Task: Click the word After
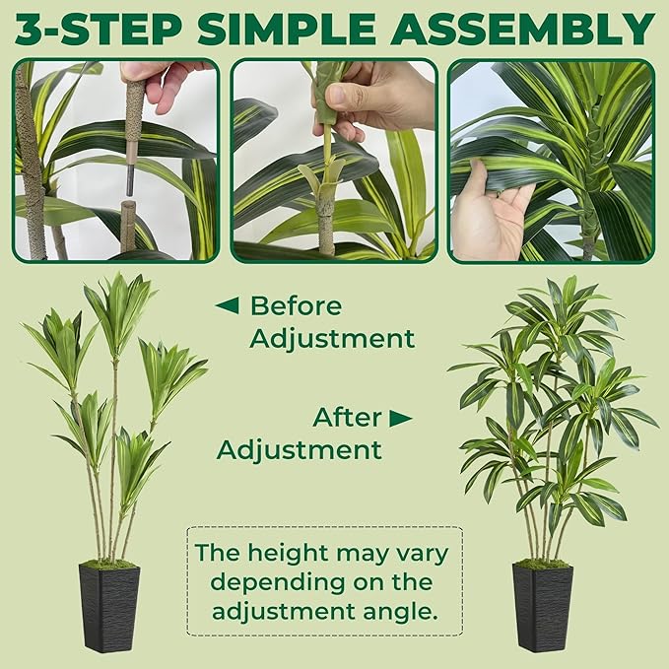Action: pyautogui.click(x=348, y=417)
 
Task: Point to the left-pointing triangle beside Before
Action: pyautogui.click(x=227, y=305)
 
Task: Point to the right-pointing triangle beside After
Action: pyautogui.click(x=400, y=418)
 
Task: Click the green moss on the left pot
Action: pyautogui.click(x=109, y=565)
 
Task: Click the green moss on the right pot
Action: pyautogui.click(x=542, y=565)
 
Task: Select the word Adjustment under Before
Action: pyautogui.click(x=332, y=339)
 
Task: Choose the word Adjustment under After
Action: pyautogui.click(x=299, y=450)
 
